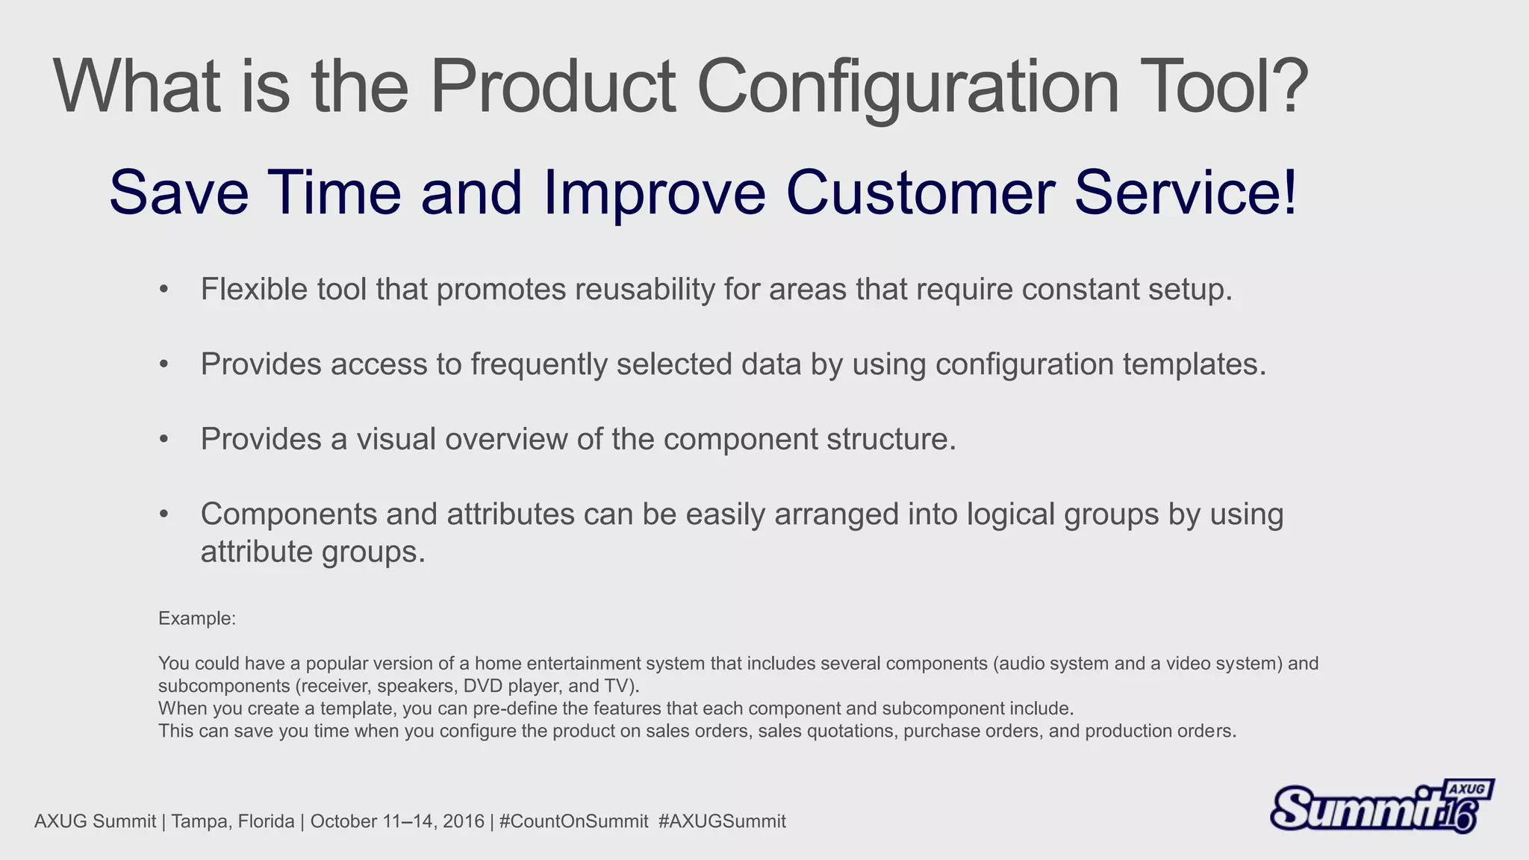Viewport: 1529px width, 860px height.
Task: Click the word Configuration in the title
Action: (x=907, y=88)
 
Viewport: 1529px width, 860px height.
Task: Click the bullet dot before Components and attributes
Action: (x=164, y=514)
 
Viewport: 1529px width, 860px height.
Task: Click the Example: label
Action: (x=197, y=618)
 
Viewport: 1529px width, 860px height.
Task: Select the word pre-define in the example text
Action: (x=516, y=708)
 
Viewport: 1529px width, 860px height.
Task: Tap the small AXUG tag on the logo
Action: (x=1468, y=789)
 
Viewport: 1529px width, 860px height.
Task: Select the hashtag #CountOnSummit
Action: (x=573, y=821)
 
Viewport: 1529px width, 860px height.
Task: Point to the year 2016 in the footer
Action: (x=463, y=821)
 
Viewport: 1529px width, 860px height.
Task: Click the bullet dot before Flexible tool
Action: (x=164, y=290)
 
